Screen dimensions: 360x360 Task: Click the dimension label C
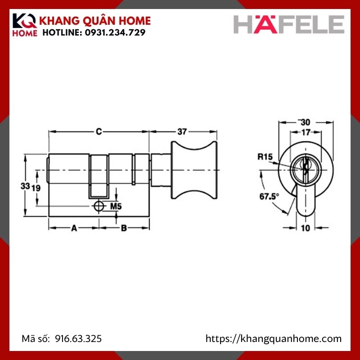(x=99, y=131)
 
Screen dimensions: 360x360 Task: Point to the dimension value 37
(x=182, y=131)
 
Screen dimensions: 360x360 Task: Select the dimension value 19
(x=37, y=188)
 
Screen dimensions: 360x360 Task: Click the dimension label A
(x=74, y=228)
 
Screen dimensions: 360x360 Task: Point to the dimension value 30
(x=306, y=122)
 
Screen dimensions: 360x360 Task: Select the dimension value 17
(x=306, y=132)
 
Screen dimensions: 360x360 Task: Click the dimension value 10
(x=306, y=228)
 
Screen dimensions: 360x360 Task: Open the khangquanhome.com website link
(x=274, y=339)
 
